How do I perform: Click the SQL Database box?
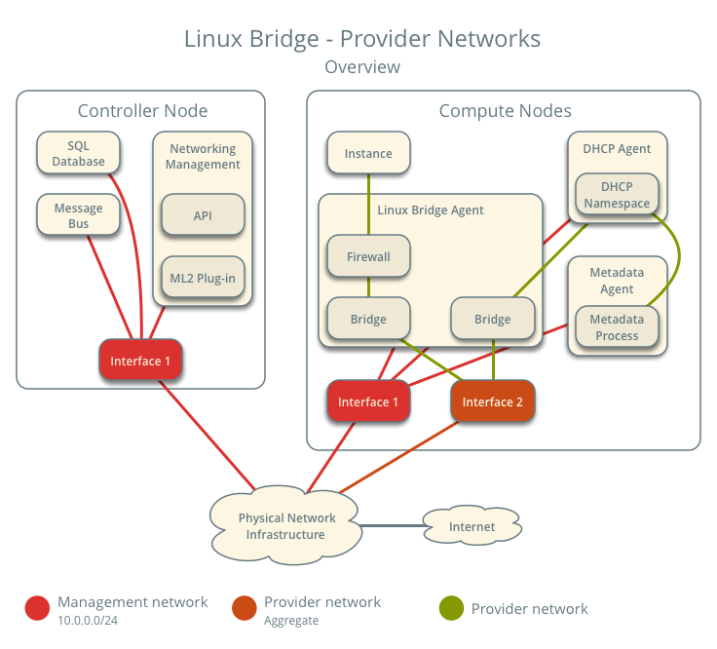78,153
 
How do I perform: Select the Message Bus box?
78,216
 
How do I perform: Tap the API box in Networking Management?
203,215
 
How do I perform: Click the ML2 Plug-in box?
203,278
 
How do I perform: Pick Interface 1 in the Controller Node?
140,361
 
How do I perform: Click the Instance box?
368,153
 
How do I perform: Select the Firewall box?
368,256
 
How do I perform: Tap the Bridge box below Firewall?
368,319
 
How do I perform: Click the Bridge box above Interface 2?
493,319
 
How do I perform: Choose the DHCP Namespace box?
617,195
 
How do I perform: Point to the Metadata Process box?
617,327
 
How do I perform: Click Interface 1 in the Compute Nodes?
368,401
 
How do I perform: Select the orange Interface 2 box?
493,401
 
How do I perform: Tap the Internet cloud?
472,526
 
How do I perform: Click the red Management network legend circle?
38,609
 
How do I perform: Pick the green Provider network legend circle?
451,609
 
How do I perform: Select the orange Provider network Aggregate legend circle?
245,609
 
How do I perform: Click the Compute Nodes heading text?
505,111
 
